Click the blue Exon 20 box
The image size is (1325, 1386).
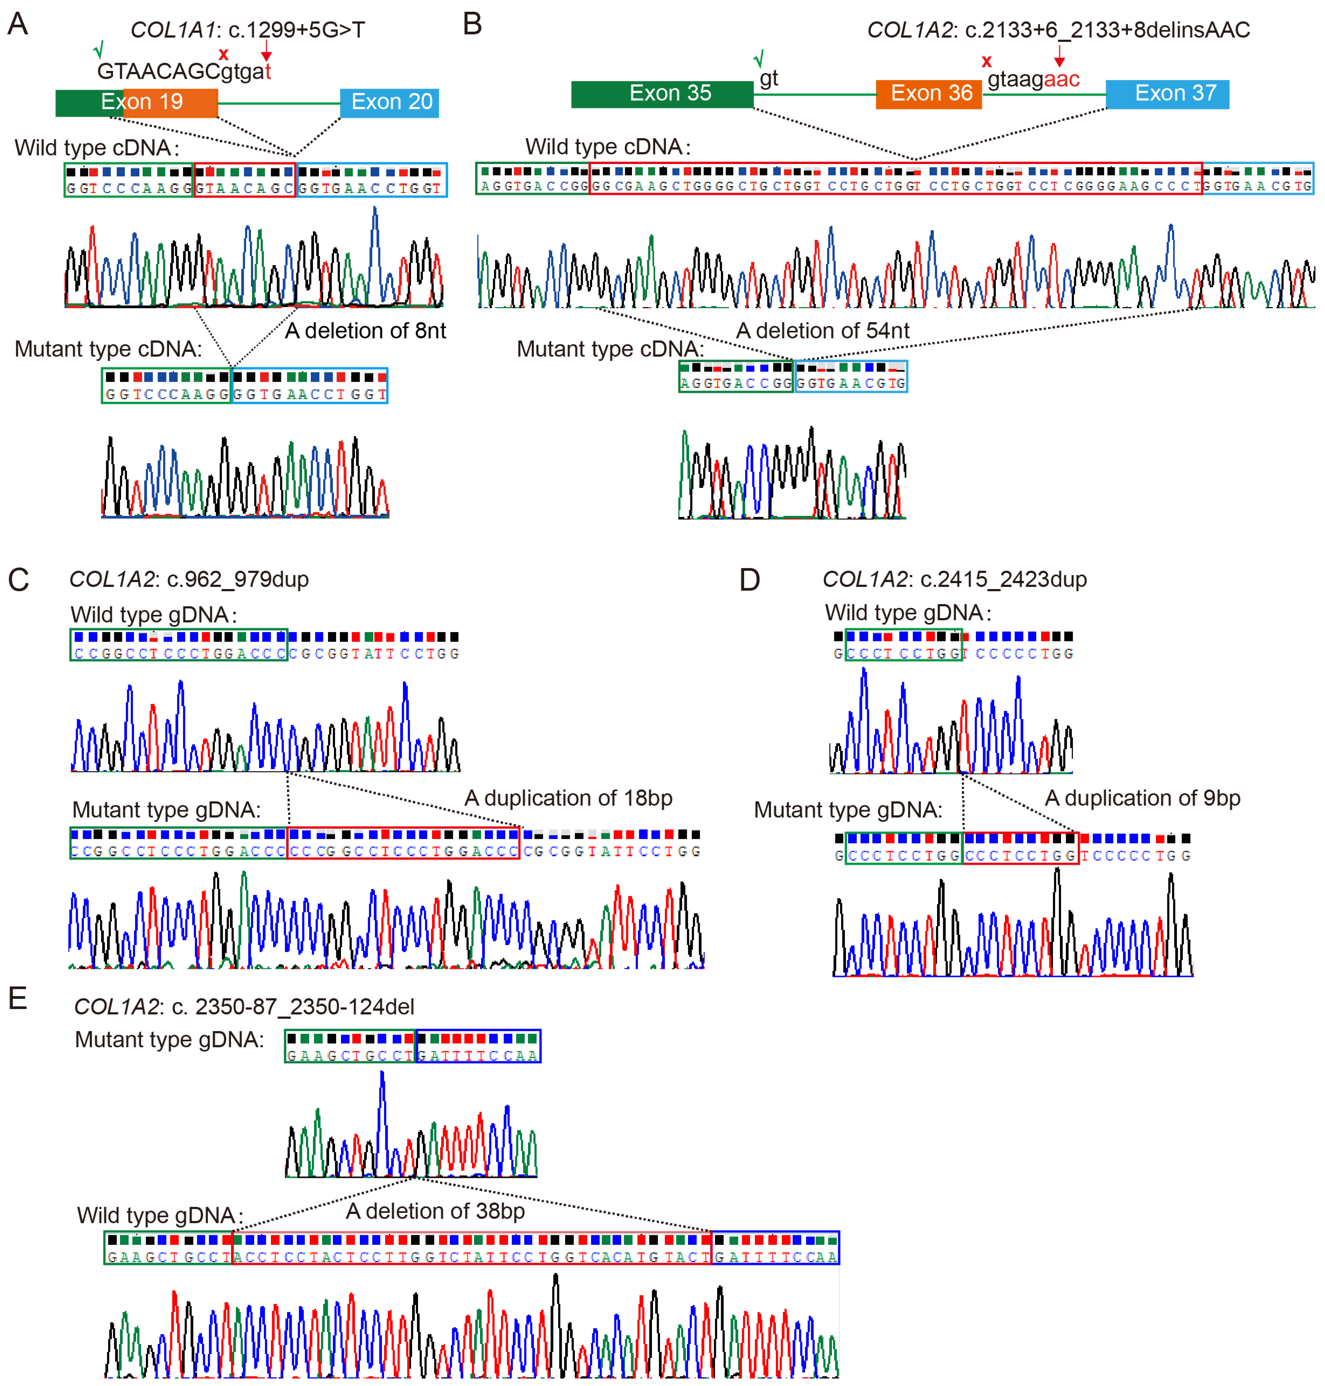point(390,102)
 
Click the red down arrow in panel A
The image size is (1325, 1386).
point(266,51)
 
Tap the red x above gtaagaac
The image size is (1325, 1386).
point(987,61)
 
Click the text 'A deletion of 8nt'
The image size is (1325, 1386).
point(365,330)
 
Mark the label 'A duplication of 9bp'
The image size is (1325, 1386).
point(1142,798)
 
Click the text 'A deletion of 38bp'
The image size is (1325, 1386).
point(435,1211)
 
